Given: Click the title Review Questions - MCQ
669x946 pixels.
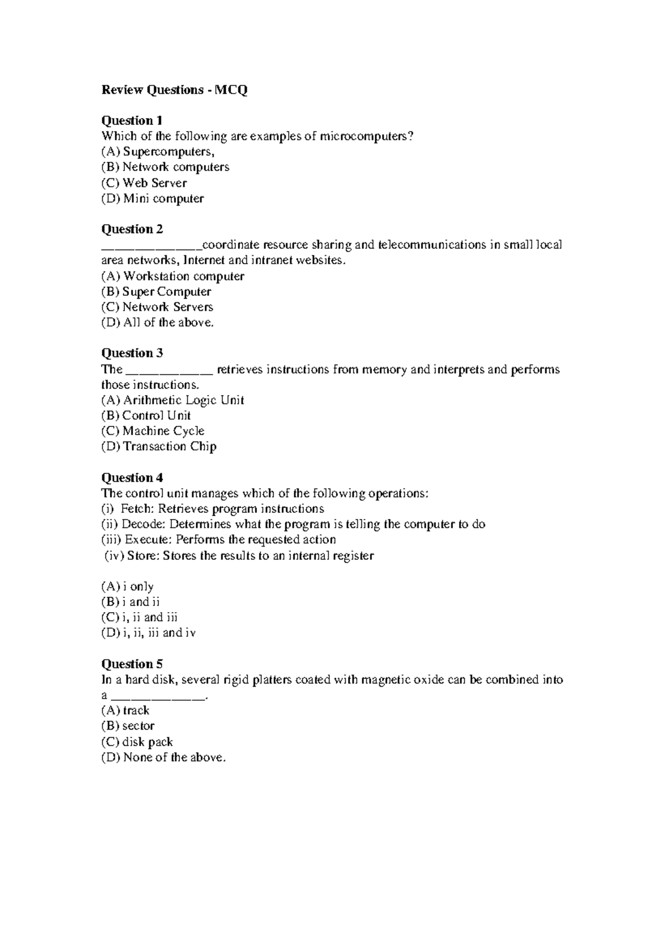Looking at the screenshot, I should (x=174, y=90).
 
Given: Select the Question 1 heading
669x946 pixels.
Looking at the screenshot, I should (x=132, y=120).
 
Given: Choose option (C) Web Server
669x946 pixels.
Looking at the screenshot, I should (x=143, y=183).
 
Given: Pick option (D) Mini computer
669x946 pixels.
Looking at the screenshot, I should (x=152, y=198).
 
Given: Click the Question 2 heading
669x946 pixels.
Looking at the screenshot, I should (x=132, y=229).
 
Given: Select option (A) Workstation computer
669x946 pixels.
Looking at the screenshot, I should (x=172, y=276).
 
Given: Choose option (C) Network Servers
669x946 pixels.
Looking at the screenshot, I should (x=157, y=307).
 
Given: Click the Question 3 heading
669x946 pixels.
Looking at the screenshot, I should (x=132, y=353).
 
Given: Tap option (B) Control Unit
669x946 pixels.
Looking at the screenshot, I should (x=146, y=415).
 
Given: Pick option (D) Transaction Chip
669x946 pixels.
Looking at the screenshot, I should (x=158, y=447).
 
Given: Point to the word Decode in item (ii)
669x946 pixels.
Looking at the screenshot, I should (x=143, y=525).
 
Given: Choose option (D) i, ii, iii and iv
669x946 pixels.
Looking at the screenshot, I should (x=148, y=633).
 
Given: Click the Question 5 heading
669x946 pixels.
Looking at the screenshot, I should (x=132, y=664).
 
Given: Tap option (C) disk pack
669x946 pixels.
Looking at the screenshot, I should (x=137, y=742).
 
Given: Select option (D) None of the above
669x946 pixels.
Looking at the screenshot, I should (x=163, y=758).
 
